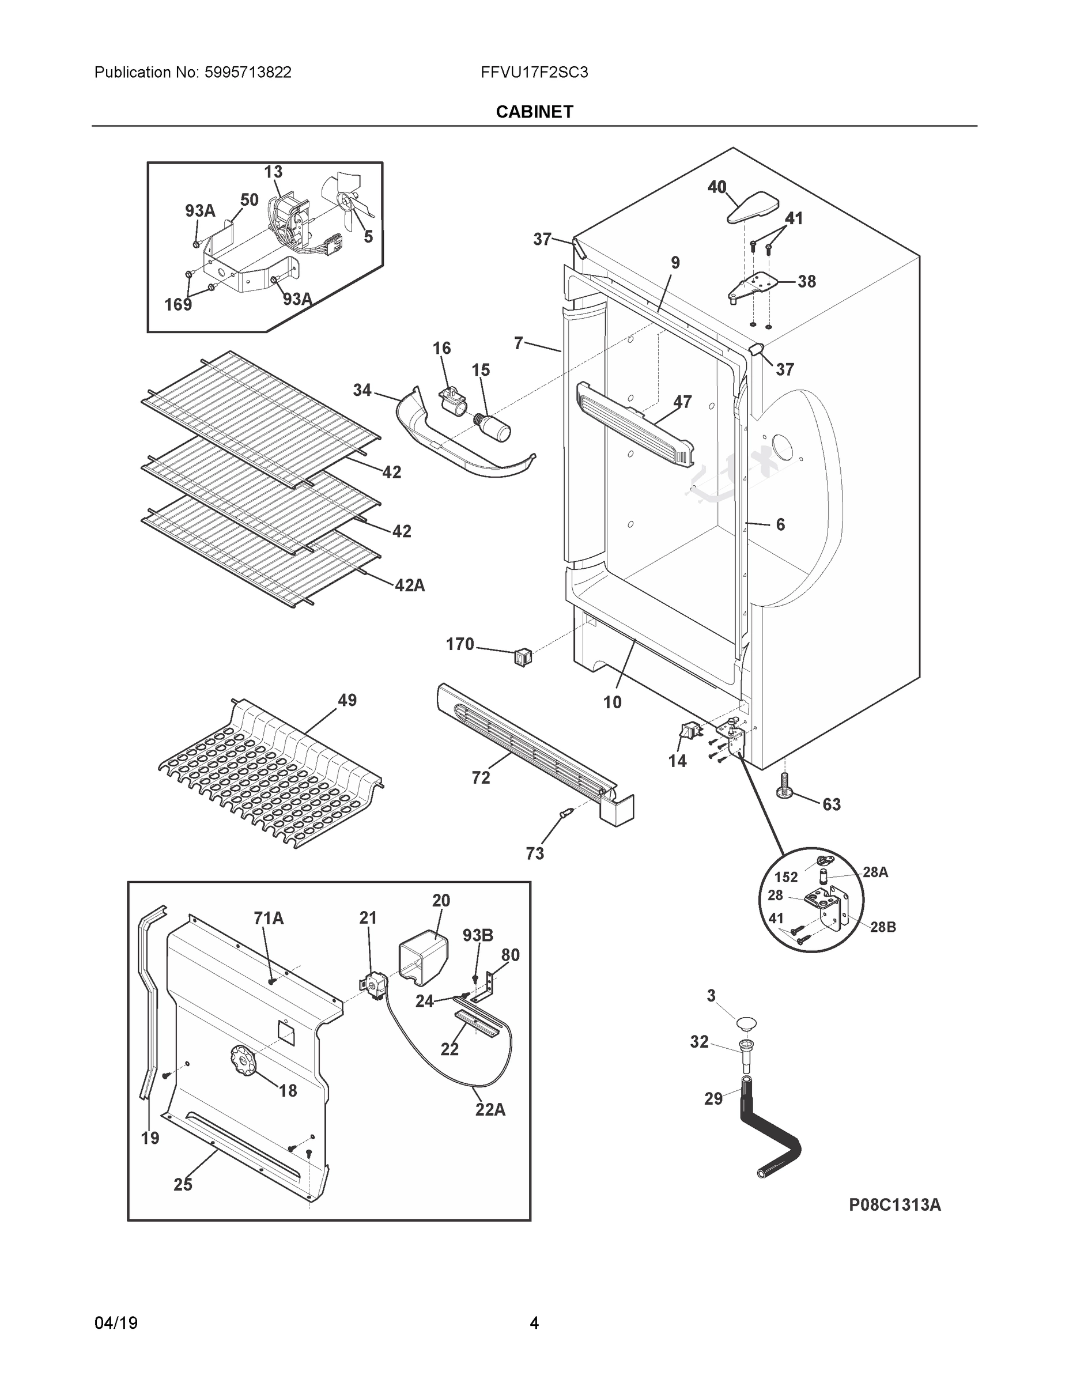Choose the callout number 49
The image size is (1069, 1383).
347,700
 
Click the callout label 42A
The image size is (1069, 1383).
410,585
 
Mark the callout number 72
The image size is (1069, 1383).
481,777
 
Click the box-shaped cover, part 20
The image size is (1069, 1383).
422,958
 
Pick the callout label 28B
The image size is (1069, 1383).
883,927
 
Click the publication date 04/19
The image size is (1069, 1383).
116,1323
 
